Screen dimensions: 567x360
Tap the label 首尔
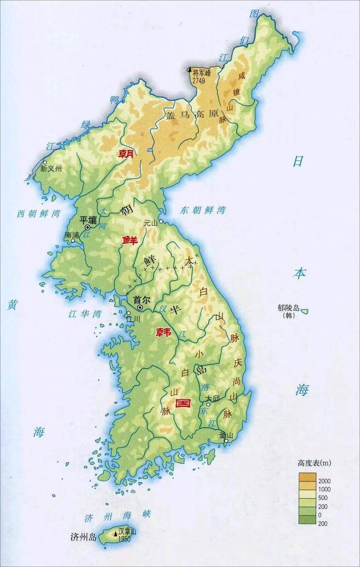click(141, 299)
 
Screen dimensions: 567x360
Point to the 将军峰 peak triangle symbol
click(189, 70)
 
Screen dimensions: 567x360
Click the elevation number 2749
click(198, 80)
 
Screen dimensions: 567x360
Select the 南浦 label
click(72, 235)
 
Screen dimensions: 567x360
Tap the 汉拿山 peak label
click(127, 531)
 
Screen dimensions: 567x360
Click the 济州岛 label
click(84, 536)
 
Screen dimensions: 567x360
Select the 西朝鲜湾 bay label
click(38, 213)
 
